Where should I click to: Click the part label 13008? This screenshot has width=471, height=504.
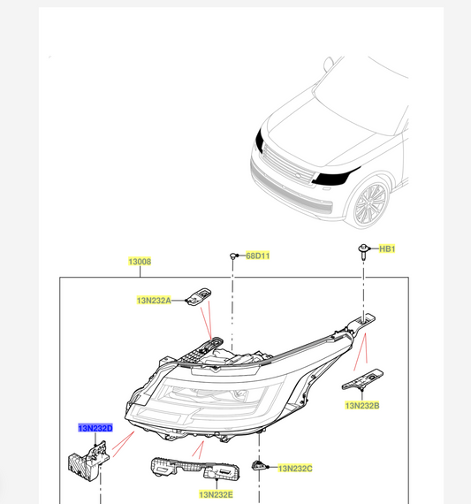(139, 262)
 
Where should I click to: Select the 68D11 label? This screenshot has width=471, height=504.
(257, 256)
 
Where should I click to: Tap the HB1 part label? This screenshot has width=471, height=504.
(387, 249)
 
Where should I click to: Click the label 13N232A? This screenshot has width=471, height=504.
(154, 301)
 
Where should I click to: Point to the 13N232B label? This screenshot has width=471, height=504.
(361, 405)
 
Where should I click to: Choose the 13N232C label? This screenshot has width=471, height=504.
(296, 467)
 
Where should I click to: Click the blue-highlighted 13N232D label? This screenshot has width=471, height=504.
(95, 429)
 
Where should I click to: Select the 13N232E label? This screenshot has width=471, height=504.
(216, 495)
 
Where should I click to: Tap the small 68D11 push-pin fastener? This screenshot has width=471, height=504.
(232, 256)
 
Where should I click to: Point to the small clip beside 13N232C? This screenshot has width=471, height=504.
(260, 465)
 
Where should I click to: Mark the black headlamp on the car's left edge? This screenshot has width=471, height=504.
(258, 137)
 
